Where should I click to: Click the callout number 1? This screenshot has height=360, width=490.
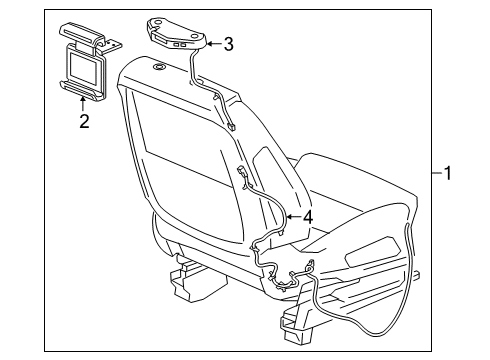(x=448, y=173)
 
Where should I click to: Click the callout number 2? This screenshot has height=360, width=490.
(x=84, y=122)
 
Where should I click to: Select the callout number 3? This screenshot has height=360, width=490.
(x=228, y=43)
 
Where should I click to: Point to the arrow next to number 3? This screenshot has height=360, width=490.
(x=212, y=43)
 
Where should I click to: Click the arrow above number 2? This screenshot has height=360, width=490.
(x=84, y=104)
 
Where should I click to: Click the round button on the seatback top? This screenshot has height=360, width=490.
(x=160, y=68)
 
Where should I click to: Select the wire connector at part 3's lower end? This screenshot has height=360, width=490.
(x=229, y=125)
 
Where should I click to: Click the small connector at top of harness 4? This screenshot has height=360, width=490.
(x=244, y=177)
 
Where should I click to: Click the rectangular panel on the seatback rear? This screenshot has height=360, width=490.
(x=185, y=140)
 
